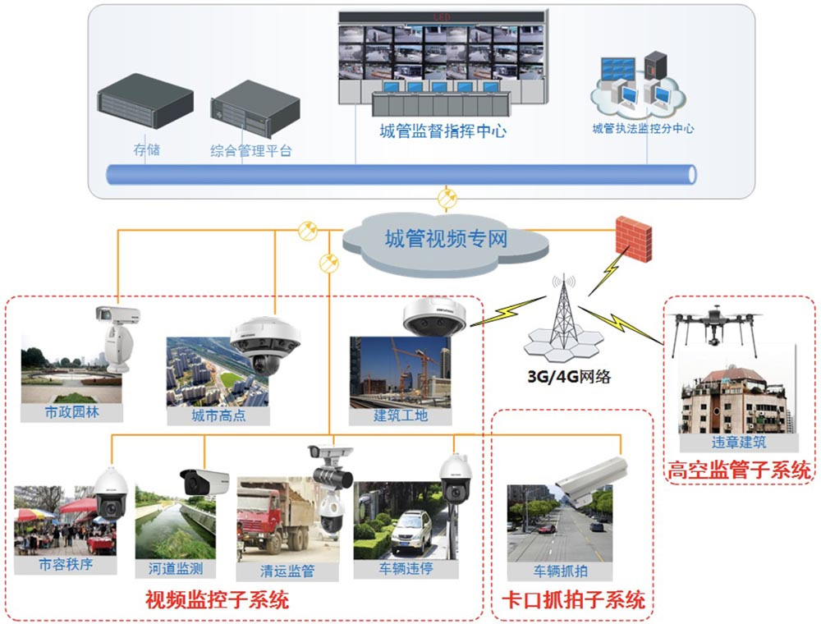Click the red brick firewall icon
[633, 238]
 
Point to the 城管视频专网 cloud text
[446, 240]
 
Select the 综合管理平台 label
[250, 151]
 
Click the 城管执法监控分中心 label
[643, 129]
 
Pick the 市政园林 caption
[71, 412]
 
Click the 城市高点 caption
[218, 415]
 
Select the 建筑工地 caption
[400, 415]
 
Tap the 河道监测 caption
[175, 568]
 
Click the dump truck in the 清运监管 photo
[272, 517]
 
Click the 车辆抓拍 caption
[559, 571]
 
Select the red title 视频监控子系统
[217, 600]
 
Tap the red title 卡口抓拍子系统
[572, 600]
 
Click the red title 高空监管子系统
[739, 470]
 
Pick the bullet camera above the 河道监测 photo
[204, 481]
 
